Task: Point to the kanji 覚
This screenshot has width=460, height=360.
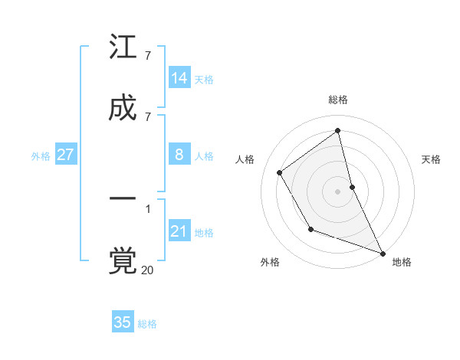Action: coord(123,260)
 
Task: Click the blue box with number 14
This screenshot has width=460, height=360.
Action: coord(179,78)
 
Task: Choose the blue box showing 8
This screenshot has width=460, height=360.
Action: coord(179,155)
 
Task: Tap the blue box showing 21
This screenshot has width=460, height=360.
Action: coord(179,231)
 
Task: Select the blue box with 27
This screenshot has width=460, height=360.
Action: coord(65,155)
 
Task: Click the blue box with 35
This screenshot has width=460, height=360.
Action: coord(123,322)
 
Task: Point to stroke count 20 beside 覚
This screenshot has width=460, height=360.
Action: coord(147,270)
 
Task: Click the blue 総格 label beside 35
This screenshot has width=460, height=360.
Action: coord(147,324)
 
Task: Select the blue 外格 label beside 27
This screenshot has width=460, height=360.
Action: coord(41,156)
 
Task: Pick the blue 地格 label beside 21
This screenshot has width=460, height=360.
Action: coord(204,233)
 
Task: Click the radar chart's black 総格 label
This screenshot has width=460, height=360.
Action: coord(338,100)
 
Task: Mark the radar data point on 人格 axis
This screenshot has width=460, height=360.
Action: coord(280,172)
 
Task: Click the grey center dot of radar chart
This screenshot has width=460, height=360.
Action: coord(338,191)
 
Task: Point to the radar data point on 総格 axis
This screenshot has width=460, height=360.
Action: coord(338,130)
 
